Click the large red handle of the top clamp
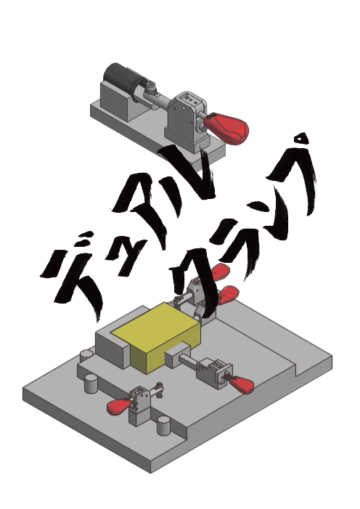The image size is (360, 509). tap(227, 128)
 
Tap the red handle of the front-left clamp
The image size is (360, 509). tap(118, 406)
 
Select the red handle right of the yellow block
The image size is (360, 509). tap(242, 384)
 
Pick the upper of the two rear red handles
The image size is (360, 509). tap(221, 271)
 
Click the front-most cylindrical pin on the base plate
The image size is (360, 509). tap(164, 425)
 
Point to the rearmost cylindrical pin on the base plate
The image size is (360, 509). tap(86, 356)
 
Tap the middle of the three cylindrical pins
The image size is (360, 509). tap(91, 383)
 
